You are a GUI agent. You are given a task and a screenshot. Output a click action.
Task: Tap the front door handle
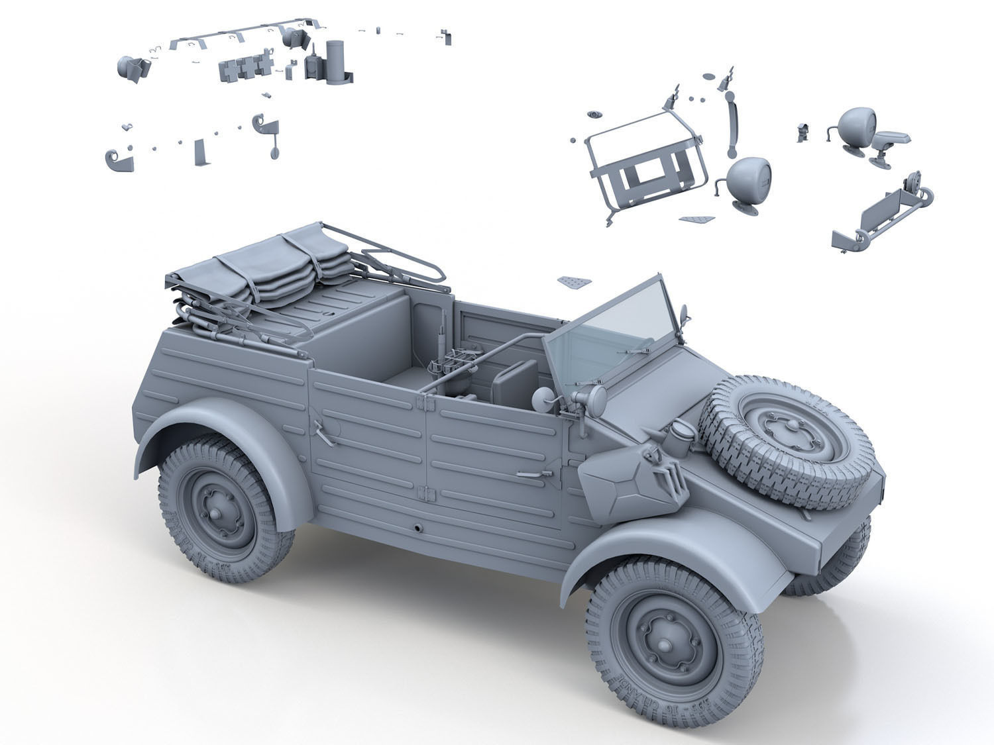click(534, 473)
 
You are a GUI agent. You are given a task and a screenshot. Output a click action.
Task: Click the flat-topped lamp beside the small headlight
click(890, 140)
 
